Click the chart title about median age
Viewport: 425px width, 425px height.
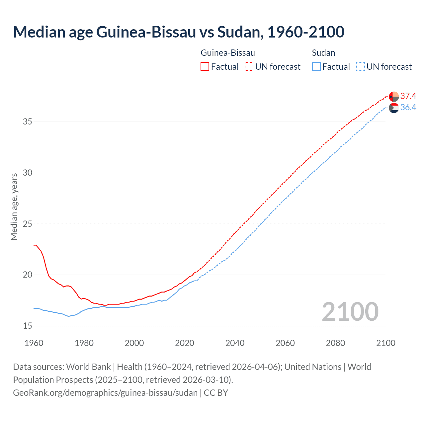[x=179, y=32]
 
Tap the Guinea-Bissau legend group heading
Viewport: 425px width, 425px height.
[x=228, y=53]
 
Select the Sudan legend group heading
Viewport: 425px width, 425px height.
[x=323, y=53]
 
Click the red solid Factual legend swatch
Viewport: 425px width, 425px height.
[x=205, y=67]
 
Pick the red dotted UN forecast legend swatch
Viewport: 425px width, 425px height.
[x=249, y=67]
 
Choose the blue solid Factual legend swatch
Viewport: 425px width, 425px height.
[x=316, y=67]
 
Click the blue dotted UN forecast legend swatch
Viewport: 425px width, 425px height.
[x=361, y=67]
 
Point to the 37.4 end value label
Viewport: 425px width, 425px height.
[x=408, y=96]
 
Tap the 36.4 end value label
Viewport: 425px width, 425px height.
[x=408, y=108]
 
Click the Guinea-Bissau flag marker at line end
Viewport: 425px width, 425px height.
[x=394, y=97]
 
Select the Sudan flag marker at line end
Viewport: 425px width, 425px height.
[x=394, y=108]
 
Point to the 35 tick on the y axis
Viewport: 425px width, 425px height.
[x=28, y=122]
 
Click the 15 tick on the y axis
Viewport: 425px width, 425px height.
[x=28, y=326]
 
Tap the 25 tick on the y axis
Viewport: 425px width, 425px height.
[x=28, y=224]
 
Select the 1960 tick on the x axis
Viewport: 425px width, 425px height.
[x=34, y=343]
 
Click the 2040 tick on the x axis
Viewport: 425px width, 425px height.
[x=235, y=343]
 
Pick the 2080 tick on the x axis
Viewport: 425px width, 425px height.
[x=335, y=343]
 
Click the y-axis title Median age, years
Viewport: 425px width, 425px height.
[x=14, y=207]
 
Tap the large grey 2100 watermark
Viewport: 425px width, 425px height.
[x=350, y=311]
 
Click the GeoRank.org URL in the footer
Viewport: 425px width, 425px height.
[x=105, y=393]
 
